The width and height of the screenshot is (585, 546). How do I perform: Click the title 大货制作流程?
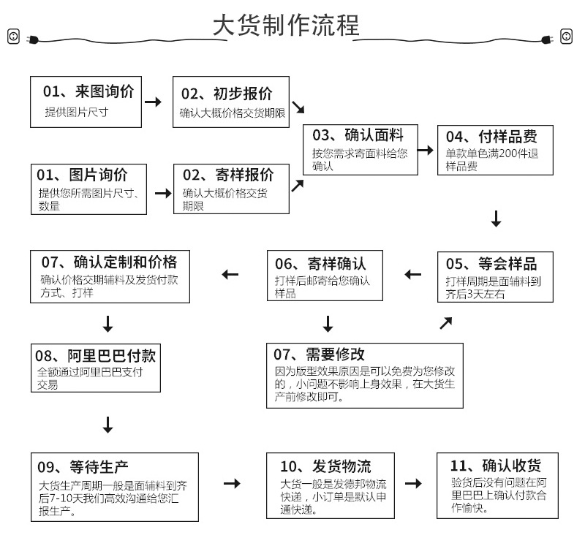point(286,26)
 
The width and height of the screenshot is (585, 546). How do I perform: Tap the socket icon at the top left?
point(13,36)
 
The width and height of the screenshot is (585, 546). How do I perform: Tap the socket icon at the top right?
point(567,36)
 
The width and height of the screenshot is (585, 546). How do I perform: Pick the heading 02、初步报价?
point(227,94)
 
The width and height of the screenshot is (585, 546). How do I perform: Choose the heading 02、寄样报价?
point(227,175)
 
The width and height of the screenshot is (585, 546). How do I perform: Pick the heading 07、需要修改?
point(319,354)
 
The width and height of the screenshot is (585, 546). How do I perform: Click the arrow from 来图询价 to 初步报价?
point(153,102)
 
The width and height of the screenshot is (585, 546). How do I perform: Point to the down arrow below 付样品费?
point(496,219)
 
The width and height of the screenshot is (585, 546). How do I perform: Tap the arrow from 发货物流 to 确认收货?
point(413,484)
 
